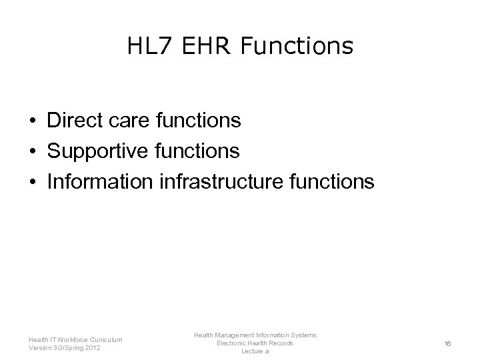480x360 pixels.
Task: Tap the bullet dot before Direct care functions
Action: click(x=32, y=121)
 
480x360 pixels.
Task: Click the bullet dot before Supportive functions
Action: click(x=32, y=152)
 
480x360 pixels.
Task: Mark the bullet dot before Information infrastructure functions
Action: click(x=32, y=182)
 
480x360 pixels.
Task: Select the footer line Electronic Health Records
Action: click(x=255, y=343)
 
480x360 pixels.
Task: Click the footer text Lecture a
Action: click(x=255, y=351)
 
